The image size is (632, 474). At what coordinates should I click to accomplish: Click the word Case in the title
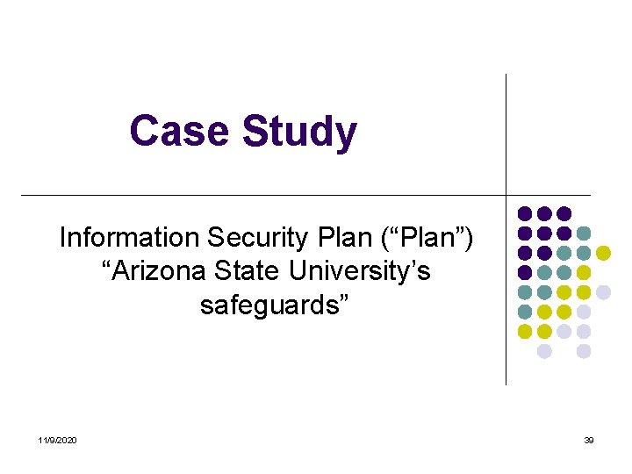coord(181,132)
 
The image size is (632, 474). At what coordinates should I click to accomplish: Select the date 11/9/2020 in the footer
coord(58,440)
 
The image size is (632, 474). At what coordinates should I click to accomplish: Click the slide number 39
coord(589,440)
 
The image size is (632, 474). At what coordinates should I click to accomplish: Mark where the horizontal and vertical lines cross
coord(506,194)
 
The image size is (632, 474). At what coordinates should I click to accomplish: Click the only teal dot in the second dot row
coord(584,233)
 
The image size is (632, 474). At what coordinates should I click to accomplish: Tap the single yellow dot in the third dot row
coord(603,253)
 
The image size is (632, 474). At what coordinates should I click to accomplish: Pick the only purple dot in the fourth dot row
coord(525,272)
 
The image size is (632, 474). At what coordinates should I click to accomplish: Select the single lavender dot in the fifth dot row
coord(603,291)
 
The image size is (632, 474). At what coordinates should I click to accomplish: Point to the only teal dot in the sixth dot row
coord(525,312)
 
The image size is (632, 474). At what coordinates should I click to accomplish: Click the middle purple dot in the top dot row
coord(544,213)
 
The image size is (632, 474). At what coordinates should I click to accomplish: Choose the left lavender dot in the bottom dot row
coord(544,351)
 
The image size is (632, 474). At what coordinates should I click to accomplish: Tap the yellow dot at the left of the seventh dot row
coord(525,331)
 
